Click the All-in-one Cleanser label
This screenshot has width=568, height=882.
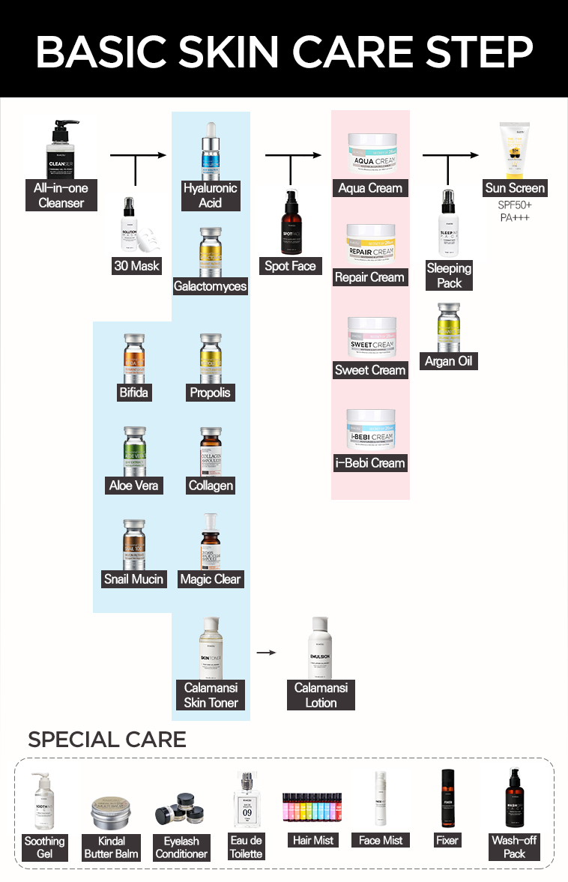coord(61,195)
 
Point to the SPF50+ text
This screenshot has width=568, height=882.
coord(515,205)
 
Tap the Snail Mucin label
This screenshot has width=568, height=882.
coord(133,579)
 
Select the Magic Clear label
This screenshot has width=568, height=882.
coord(211,579)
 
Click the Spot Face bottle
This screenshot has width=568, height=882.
coord(290,223)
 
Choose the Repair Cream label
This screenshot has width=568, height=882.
coord(369,277)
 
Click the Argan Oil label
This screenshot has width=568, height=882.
coord(449,361)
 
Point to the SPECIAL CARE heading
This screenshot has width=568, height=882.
coord(107,740)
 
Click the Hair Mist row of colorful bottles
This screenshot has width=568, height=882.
coord(313,809)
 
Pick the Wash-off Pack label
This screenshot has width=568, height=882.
coord(515,847)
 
